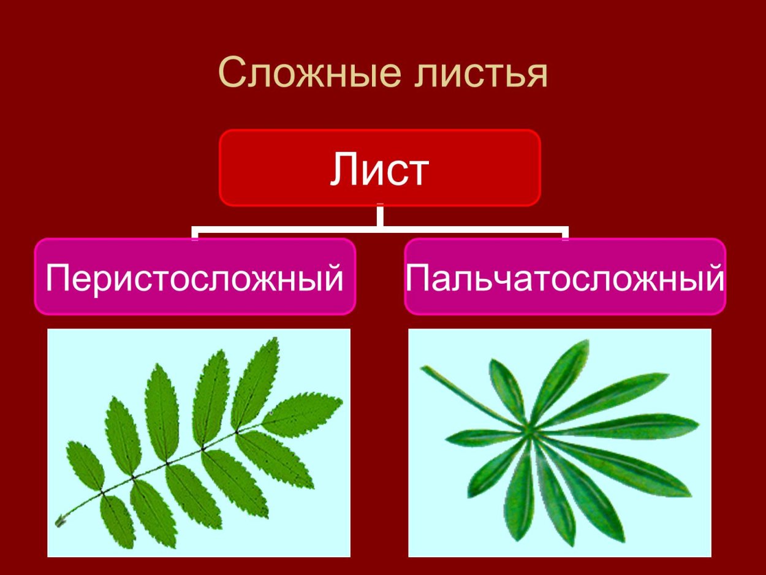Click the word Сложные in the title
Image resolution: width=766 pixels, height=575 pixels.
click(x=301, y=74)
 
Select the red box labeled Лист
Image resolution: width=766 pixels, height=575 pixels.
click(x=380, y=168)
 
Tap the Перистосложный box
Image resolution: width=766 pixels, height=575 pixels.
click(x=195, y=277)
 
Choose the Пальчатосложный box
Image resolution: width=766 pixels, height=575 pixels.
click(x=565, y=277)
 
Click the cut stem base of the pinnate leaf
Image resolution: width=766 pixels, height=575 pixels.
click(x=61, y=522)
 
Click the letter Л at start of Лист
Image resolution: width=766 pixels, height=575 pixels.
click(x=343, y=169)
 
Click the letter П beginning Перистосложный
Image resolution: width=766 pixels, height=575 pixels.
click(x=58, y=278)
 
